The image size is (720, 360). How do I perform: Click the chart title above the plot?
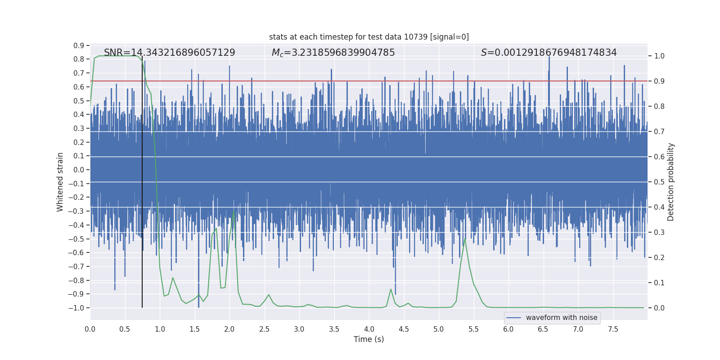[x=369, y=37]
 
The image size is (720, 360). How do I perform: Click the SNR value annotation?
[x=169, y=53]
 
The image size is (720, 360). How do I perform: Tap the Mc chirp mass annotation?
[x=333, y=53]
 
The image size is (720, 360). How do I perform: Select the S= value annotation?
[x=549, y=53]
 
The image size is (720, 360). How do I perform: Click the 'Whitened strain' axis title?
[x=60, y=182]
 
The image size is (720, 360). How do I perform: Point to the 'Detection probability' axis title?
[x=671, y=182]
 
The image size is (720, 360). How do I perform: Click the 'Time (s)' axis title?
[x=369, y=339]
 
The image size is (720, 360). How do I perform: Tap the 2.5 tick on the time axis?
[x=264, y=329]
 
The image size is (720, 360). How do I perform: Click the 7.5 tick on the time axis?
[x=613, y=329]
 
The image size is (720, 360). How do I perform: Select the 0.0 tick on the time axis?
[x=90, y=329]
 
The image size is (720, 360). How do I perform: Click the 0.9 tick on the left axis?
[x=79, y=45]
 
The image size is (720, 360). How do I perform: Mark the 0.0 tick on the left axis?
[x=79, y=170]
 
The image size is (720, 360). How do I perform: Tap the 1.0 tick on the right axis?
[x=659, y=56]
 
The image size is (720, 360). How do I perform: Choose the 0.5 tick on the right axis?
[x=659, y=182]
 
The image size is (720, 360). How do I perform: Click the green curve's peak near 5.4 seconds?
[x=465, y=238]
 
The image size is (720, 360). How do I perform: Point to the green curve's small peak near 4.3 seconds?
[x=391, y=289]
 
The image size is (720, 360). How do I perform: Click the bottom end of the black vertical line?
[x=142, y=307]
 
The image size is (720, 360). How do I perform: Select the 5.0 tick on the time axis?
[x=438, y=329]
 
